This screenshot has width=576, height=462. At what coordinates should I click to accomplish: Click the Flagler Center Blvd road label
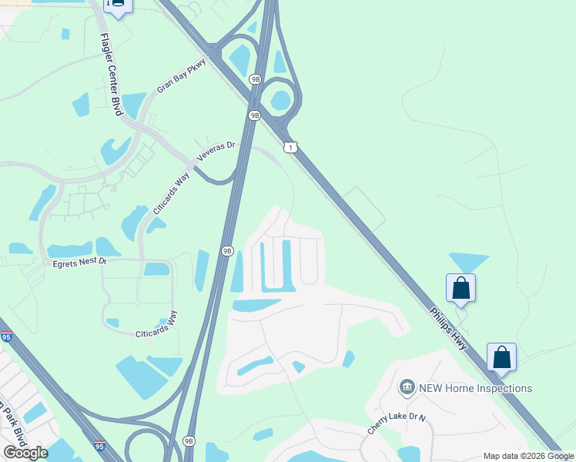tap(111, 76)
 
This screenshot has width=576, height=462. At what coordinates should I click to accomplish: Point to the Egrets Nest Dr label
tap(79, 263)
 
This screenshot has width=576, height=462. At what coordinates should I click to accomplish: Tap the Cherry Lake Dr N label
tap(396, 421)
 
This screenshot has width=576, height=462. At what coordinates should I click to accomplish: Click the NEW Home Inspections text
tap(475, 388)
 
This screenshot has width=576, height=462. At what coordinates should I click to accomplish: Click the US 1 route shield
tap(290, 147)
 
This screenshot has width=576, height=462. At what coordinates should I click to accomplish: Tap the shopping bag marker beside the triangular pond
tap(460, 288)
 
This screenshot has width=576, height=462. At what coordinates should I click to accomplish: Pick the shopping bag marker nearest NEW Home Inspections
tap(501, 357)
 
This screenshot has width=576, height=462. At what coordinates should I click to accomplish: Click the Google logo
tap(25, 453)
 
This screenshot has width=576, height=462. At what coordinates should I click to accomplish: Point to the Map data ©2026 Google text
tap(528, 456)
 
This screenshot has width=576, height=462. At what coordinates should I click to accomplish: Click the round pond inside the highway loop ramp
tap(280, 100)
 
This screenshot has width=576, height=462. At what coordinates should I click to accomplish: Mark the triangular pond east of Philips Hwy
tap(467, 262)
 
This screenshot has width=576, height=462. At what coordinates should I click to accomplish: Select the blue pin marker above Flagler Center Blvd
tap(118, 5)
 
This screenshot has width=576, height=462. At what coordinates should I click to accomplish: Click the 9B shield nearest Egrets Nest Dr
tap(227, 250)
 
